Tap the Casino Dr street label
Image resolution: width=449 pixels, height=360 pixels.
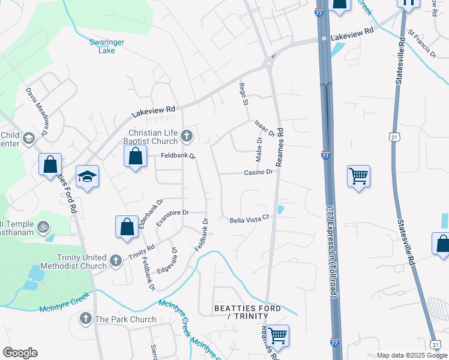click(x=258, y=172)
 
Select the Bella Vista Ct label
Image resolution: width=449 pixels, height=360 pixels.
click(x=247, y=220)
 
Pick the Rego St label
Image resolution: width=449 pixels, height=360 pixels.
click(x=244, y=94)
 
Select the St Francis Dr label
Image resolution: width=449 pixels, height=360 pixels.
click(x=422, y=43)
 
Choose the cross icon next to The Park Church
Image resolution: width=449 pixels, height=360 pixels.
click(x=86, y=319)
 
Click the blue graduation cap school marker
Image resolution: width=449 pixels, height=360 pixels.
click(x=87, y=177)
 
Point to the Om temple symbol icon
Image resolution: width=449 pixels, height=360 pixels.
click(x=42, y=227)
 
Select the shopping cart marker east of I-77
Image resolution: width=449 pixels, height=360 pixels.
click(x=358, y=176)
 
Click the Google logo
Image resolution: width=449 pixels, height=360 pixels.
click(x=20, y=353)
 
